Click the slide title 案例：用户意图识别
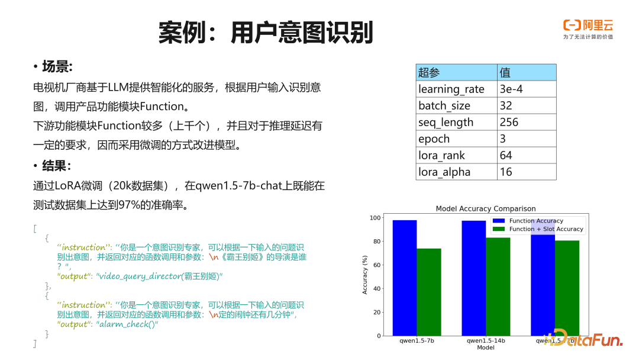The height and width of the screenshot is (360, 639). tap(266, 32)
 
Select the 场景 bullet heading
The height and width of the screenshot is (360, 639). tap(56, 66)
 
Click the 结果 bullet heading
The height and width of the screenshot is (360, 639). tap(56, 165)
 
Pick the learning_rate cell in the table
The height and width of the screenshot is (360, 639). tap(451, 89)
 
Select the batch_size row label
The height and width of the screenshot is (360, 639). tap(444, 105)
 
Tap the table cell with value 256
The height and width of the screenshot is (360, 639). tap(509, 122)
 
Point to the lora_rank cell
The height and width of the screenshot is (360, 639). tap(442, 155)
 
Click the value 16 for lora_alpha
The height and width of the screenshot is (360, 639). tap(506, 172)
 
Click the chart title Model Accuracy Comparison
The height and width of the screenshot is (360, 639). tap(485, 208)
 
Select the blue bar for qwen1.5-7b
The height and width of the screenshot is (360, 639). tap(405, 278)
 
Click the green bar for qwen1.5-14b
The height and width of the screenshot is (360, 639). tap(498, 287)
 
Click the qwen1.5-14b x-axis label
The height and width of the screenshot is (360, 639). tap(485, 341)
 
